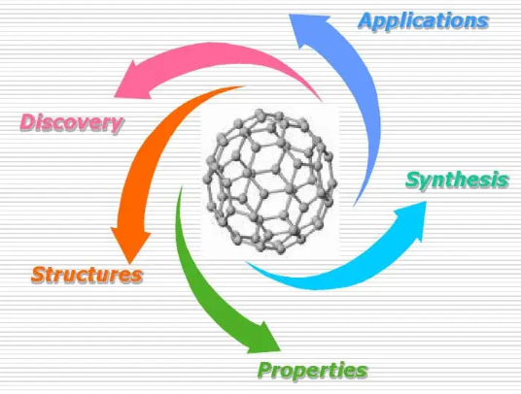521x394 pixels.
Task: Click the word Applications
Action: pyautogui.click(x=424, y=21)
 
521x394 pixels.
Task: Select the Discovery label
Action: pyautogui.click(x=72, y=122)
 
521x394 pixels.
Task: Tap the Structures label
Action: pyautogui.click(x=87, y=275)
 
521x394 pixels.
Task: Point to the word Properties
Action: pyautogui.click(x=313, y=370)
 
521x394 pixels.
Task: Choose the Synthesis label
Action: pyautogui.click(x=457, y=181)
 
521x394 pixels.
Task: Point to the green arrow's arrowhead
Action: pyautogui.click(x=265, y=340)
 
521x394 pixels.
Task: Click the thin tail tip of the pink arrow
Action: pyautogui.click(x=322, y=101)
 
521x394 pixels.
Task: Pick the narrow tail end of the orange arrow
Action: pyautogui.click(x=244, y=86)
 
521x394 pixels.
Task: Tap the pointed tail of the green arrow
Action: pyautogui.click(x=182, y=187)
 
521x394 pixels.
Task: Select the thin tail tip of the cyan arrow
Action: pyautogui.click(x=246, y=262)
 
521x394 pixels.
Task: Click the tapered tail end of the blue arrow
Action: pyautogui.click(x=354, y=206)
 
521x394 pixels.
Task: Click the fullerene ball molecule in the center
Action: pyautogui.click(x=269, y=181)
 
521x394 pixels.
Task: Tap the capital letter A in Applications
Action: pyautogui.click(x=367, y=21)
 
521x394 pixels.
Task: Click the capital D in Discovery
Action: pyautogui.click(x=29, y=122)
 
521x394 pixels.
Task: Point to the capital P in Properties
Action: pyautogui.click(x=265, y=370)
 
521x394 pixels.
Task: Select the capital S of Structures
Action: pyautogui.click(x=40, y=275)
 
